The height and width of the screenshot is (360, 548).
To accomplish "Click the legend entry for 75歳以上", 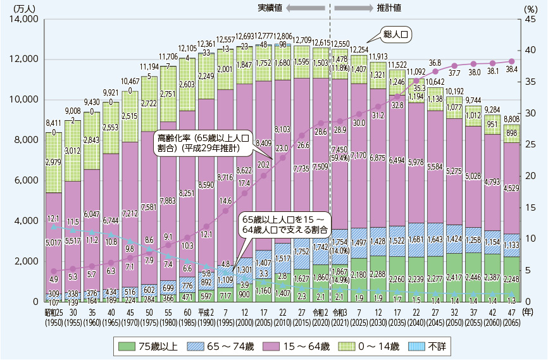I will coord(149,346).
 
